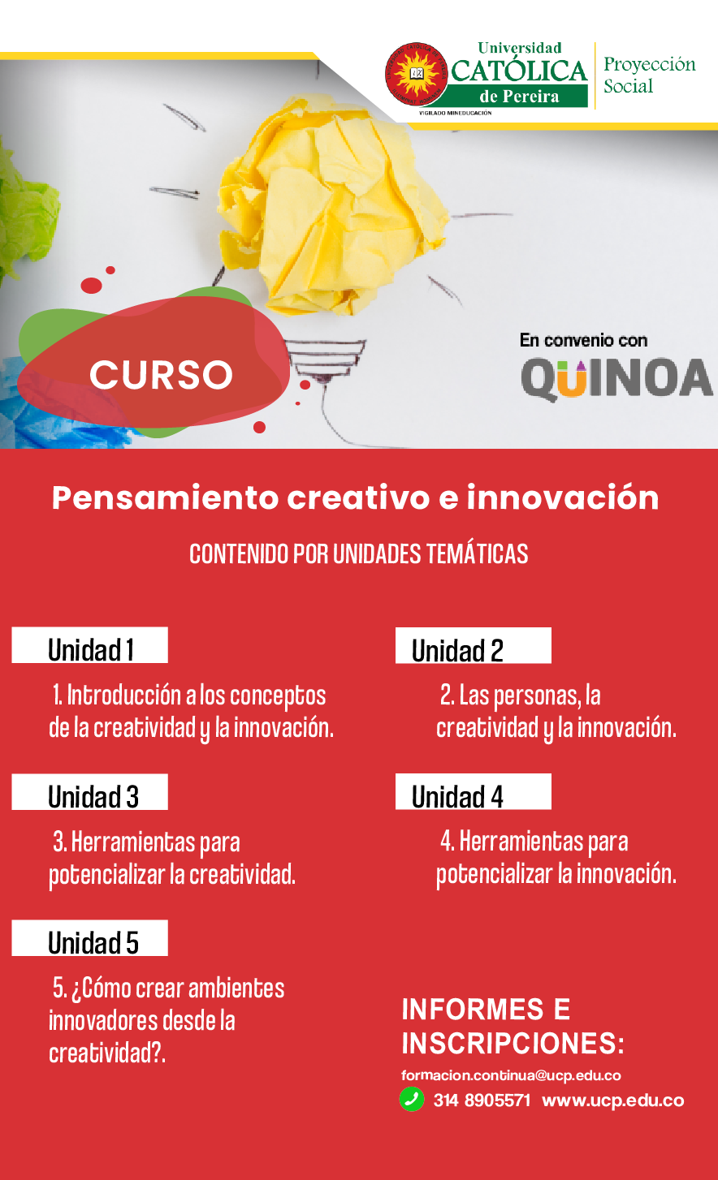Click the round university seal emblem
(417, 74)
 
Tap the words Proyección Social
(650, 75)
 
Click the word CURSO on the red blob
(162, 375)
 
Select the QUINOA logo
(616, 378)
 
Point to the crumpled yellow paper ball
(332, 205)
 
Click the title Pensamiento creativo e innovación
(355, 497)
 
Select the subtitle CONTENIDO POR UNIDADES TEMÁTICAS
(358, 553)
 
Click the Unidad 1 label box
(89, 645)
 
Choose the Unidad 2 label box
(474, 645)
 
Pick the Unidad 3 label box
(89, 792)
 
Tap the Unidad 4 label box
(474, 791)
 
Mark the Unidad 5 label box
(89, 938)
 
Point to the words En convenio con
(583, 340)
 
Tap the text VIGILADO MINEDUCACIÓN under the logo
(456, 113)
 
